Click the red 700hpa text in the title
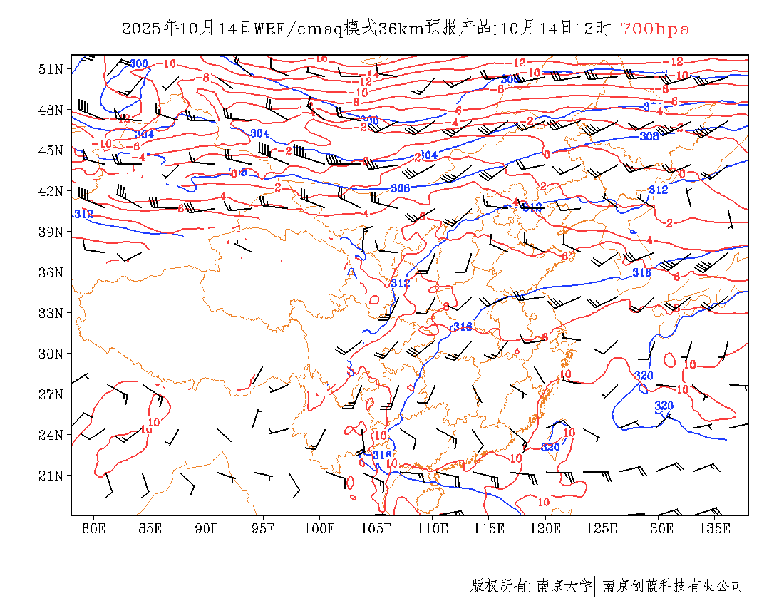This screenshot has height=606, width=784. (655, 29)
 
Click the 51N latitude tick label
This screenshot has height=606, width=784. (51, 69)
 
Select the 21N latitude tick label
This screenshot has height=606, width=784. (51, 476)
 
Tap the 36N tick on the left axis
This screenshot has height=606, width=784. (51, 272)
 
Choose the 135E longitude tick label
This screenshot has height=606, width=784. (715, 528)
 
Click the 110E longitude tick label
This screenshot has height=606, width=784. (433, 528)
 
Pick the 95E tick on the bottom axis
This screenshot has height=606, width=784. (263, 528)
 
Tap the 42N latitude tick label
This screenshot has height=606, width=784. (51, 191)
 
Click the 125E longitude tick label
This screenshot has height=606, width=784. (602, 528)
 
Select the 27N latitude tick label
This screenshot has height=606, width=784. (51, 394)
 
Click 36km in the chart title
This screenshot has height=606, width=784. (401, 29)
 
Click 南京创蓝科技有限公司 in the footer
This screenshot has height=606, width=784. (673, 586)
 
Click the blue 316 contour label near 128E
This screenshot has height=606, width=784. (642, 272)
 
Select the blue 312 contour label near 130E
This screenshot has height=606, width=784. (658, 190)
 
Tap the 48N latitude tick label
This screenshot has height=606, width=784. (51, 110)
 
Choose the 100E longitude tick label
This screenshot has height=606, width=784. (319, 528)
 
